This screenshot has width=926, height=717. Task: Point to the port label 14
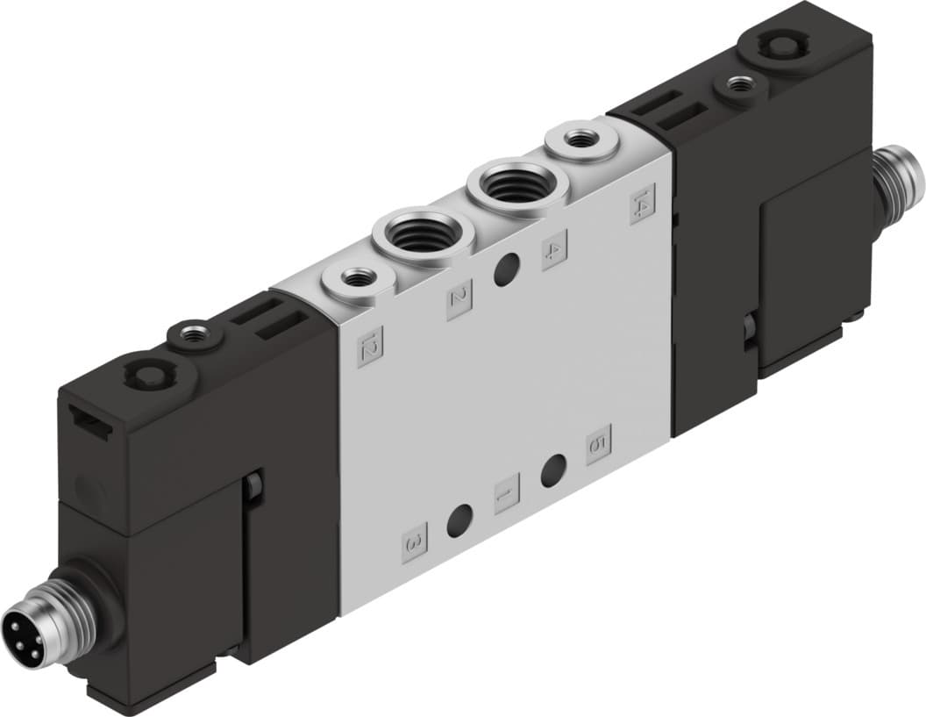click(643, 204)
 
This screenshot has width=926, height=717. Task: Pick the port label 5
click(598, 444)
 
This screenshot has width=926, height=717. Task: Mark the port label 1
click(507, 493)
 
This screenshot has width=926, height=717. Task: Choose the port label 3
click(415, 541)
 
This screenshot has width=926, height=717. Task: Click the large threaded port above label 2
click(423, 234)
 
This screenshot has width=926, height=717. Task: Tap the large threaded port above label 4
click(516, 186)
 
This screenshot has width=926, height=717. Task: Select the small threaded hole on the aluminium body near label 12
click(356, 279)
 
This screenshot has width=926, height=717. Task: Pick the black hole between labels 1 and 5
click(552, 472)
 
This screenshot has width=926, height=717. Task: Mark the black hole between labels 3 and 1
click(460, 521)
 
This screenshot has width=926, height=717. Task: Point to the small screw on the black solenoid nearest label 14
click(741, 86)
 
